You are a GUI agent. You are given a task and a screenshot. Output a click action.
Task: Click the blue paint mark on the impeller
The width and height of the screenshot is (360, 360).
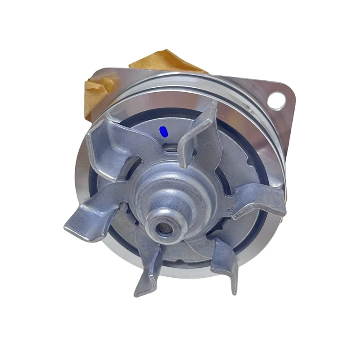click(x=164, y=131)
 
